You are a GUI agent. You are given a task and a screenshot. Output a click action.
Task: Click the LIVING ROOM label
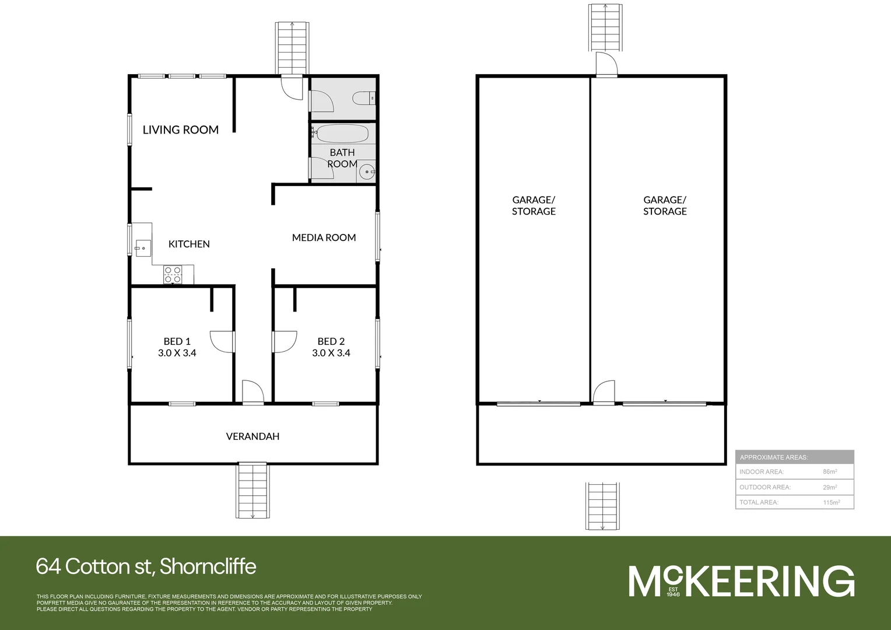tap(180, 129)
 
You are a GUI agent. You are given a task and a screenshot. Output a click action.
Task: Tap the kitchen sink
tap(142, 249)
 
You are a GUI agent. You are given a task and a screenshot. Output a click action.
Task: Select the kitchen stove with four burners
tap(173, 275)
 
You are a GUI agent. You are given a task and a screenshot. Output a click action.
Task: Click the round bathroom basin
tap(366, 171)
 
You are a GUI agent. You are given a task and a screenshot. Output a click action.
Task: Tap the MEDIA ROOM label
tap(324, 237)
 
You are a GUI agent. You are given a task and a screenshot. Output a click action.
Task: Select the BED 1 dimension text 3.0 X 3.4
tap(177, 353)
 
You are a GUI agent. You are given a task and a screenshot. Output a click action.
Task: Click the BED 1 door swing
tap(222, 342)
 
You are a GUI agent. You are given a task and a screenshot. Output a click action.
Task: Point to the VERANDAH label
tap(252, 436)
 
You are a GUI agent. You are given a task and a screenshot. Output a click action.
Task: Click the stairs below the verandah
tap(253, 490)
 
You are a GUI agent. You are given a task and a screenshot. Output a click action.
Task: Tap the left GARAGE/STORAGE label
tap(534, 205)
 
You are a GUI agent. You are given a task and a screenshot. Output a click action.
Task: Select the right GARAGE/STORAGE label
tap(665, 205)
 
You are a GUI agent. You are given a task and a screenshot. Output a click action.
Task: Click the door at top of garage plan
tap(606, 65)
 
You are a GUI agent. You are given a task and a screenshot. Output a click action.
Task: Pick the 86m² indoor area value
tap(830, 471)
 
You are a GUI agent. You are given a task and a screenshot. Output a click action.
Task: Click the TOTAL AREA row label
tap(759, 502)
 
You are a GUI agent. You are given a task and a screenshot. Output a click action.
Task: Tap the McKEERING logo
tap(741, 581)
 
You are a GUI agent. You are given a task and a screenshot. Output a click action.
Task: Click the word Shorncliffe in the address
tap(208, 566)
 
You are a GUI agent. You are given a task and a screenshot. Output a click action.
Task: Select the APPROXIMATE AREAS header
tap(774, 457)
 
